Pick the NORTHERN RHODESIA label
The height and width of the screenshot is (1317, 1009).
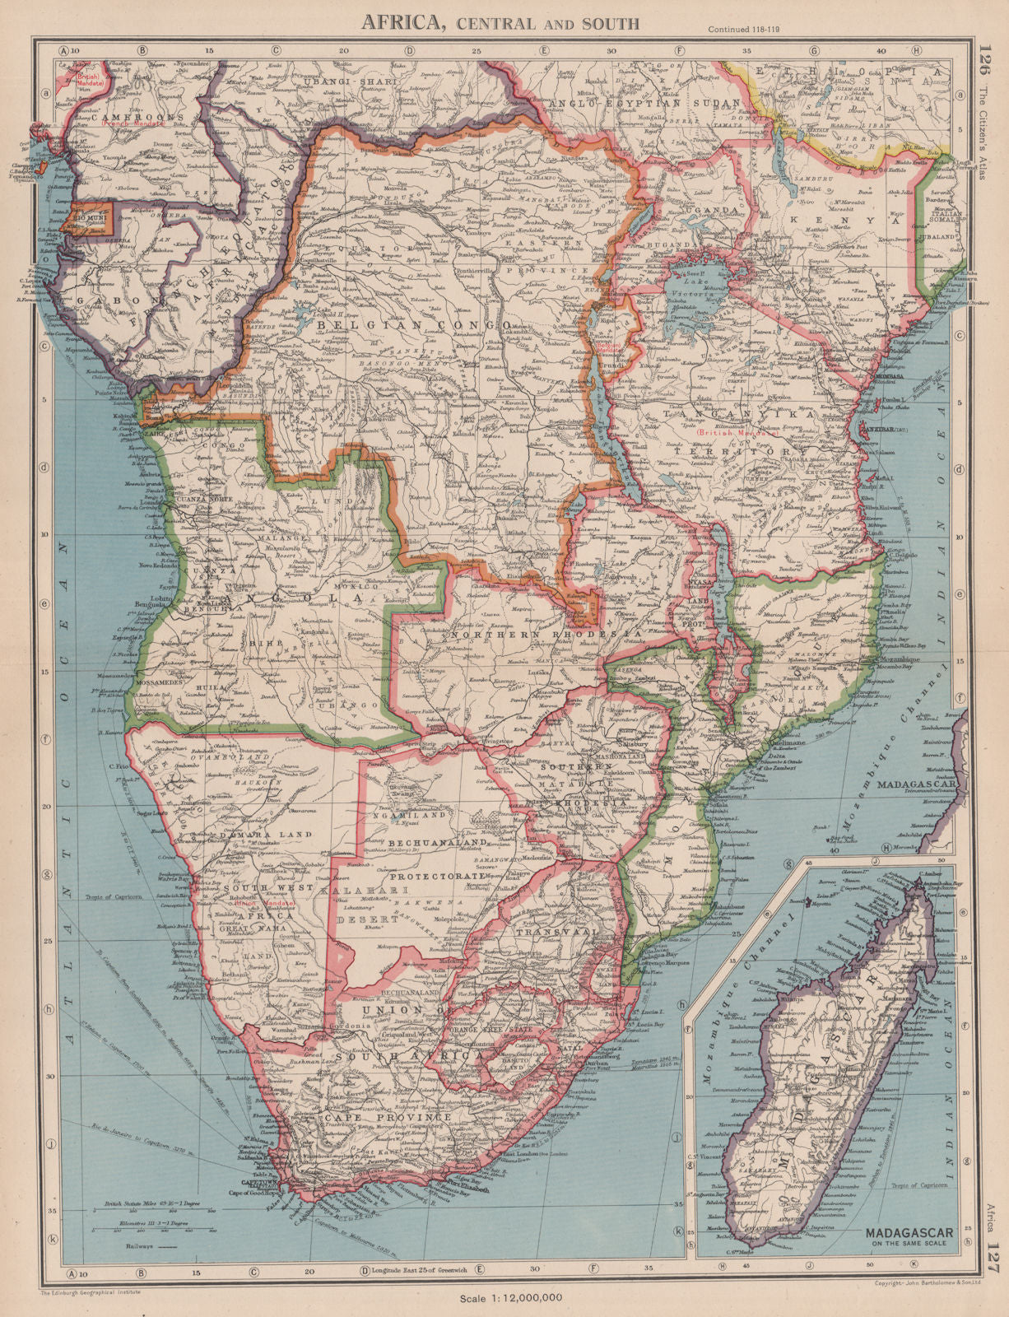[x=543, y=635]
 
